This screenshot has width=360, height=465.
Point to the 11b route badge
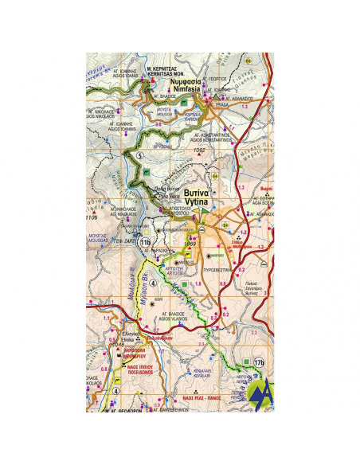(x=144, y=241)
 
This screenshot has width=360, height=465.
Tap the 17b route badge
(x=258, y=362)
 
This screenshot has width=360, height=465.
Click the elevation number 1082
(x=199, y=150)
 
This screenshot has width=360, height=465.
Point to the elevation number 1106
(x=92, y=217)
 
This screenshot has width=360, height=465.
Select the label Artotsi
(x=174, y=273)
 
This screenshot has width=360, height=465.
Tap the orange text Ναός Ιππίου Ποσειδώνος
(x=137, y=369)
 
